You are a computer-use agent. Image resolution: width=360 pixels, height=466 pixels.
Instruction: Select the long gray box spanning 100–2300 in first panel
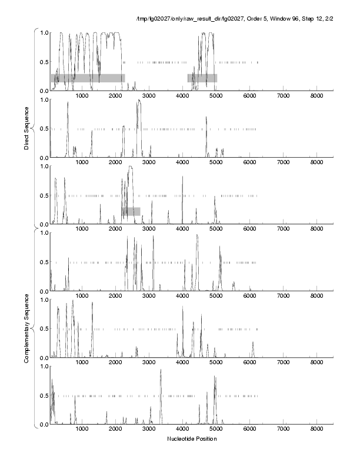[x=88, y=78]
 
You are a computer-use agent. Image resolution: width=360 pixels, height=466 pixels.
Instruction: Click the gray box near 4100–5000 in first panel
[x=202, y=78]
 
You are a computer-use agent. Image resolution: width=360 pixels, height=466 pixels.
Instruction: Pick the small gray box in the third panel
[x=131, y=211]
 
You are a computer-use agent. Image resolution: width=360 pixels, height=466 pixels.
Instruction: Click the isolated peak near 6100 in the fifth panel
[x=253, y=344]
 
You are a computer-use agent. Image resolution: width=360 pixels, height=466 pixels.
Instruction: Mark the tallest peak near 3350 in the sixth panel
[x=161, y=371]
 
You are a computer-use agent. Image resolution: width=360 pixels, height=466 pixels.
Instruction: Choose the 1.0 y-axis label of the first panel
[x=42, y=32]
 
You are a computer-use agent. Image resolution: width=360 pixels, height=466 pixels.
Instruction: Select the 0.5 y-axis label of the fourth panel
[x=42, y=262]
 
